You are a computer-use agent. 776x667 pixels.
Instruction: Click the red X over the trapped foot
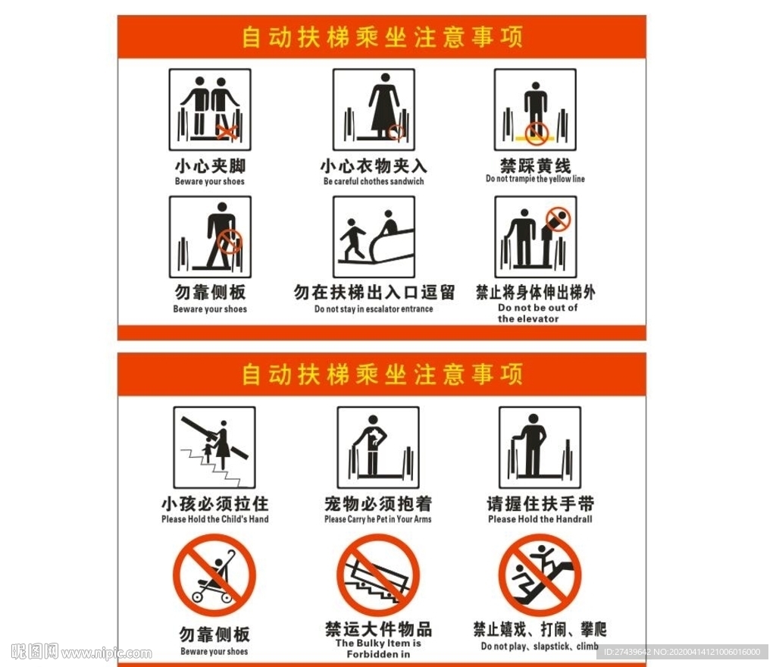[x=227, y=132]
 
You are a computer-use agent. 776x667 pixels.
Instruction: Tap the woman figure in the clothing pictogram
[x=383, y=105]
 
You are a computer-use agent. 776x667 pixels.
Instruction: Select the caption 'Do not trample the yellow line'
[x=535, y=179]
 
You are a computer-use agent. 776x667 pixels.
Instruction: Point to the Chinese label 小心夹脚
[x=210, y=166]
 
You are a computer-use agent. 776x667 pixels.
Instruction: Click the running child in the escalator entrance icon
[x=352, y=239]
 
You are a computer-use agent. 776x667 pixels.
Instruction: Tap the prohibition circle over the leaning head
[x=559, y=219]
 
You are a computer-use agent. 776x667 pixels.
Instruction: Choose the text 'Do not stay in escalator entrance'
[x=374, y=308]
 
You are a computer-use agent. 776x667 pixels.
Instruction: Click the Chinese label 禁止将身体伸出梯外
[x=536, y=292]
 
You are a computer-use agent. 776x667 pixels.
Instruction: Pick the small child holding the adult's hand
[x=208, y=452]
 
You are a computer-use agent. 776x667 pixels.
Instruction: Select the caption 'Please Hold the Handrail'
[x=540, y=519]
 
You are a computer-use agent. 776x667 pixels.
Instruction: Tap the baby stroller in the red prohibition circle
[x=214, y=577]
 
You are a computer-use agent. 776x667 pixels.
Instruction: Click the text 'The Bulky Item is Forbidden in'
[x=378, y=649]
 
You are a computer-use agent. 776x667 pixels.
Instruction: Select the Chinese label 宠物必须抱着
[x=378, y=504]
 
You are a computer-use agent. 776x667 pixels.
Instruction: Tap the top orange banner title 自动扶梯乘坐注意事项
[x=382, y=37]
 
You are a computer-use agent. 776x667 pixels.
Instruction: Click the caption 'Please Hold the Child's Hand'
[x=214, y=519]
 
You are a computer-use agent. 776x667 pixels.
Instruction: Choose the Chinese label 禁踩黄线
[x=535, y=165]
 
